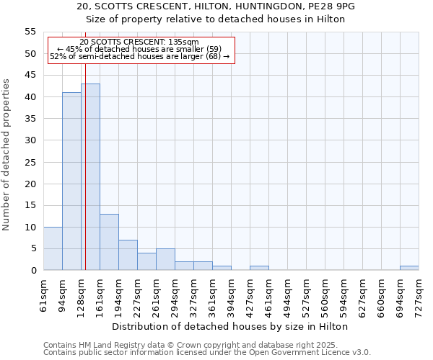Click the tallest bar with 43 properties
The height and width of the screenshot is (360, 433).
90,177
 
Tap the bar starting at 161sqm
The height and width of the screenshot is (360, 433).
109,242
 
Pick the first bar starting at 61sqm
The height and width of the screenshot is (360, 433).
53,248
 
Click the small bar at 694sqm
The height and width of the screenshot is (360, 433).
409,268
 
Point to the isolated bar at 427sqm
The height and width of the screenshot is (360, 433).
259,268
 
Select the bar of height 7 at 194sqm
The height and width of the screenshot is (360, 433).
128,255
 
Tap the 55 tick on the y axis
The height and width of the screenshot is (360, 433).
30,32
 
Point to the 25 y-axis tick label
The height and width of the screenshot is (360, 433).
30,162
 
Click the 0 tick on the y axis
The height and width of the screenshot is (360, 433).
33,271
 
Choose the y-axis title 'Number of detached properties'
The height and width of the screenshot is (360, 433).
6,155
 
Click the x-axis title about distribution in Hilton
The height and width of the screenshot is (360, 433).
230,326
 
